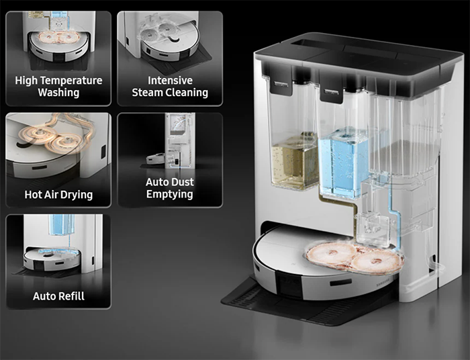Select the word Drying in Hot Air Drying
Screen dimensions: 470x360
pos(77,195)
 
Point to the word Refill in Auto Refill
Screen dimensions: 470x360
pos(72,296)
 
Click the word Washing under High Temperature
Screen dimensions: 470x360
pos(58,93)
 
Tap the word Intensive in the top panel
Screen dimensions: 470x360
pos(170,81)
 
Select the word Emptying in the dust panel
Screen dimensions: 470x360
pos(170,194)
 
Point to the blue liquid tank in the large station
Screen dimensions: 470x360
pos(344,163)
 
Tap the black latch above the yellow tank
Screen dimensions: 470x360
pos(281,85)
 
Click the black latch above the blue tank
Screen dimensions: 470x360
pos(331,92)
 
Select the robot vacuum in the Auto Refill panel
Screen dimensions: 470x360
pos(52,259)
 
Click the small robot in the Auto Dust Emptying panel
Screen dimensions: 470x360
pos(156,159)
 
